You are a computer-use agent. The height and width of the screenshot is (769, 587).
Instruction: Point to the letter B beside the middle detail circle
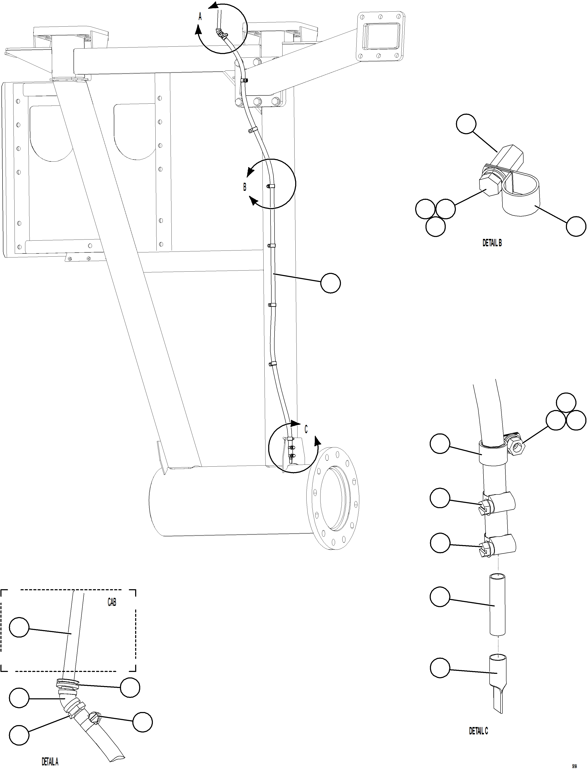(245, 187)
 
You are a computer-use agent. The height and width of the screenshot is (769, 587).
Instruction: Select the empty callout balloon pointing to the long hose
(331, 283)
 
